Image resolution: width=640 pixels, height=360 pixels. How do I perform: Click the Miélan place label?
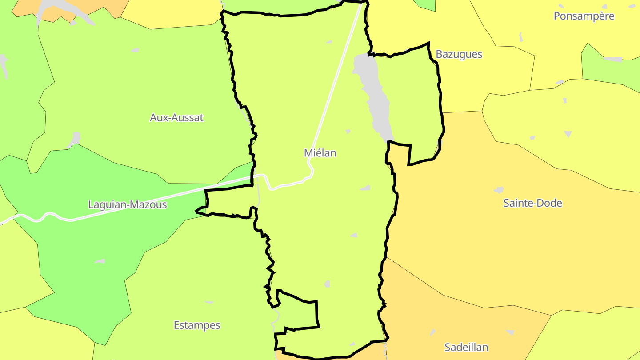point(320,153)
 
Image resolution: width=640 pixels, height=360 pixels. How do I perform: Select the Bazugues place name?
point(459,54)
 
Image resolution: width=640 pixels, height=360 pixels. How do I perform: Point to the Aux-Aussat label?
point(176,118)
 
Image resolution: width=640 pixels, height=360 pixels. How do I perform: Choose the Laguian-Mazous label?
point(128,205)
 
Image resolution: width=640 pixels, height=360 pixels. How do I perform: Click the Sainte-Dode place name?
point(532,203)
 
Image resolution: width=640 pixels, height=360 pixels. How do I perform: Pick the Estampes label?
point(197,325)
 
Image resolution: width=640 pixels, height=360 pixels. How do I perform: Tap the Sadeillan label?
point(466,347)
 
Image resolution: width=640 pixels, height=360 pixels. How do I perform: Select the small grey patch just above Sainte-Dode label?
point(499,190)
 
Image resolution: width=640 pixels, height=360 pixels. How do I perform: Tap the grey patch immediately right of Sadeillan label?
point(510,332)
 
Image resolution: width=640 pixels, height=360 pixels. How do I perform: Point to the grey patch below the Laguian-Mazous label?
point(100,261)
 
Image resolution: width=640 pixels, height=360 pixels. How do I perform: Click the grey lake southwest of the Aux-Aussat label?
point(75,139)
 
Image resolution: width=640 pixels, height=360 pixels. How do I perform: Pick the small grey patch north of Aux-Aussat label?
point(135,50)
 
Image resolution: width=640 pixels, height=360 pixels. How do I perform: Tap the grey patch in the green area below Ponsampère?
point(613,60)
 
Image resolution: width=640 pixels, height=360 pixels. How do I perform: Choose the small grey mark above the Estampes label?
point(209,302)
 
